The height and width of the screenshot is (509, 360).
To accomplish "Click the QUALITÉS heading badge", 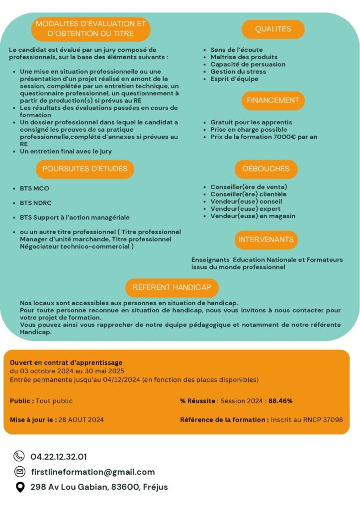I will [273, 29].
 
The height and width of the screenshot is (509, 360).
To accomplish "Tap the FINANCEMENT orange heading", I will [273, 100].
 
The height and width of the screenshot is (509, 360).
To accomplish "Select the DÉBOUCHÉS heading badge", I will [266, 169].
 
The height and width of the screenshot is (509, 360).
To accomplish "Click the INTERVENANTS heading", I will [266, 240].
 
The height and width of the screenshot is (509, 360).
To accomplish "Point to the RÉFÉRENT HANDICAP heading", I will [172, 288].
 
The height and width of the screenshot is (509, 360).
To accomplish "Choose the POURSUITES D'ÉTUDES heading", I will [85, 169].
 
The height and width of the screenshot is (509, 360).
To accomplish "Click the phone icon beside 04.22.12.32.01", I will [19, 456].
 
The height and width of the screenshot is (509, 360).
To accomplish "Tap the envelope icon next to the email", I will [19, 472].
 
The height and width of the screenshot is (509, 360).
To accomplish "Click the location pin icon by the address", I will [19, 487].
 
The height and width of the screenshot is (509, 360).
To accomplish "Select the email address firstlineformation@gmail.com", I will [92, 472].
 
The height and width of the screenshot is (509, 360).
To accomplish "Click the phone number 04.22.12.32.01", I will [59, 456].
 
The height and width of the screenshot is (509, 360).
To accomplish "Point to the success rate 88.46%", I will [280, 401].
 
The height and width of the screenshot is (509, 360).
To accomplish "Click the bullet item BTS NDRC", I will [35, 203].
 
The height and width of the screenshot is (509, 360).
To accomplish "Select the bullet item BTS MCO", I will [34, 188].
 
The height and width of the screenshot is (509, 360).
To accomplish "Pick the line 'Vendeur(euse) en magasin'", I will [253, 216].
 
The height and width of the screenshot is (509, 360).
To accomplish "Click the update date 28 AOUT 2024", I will [81, 420].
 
